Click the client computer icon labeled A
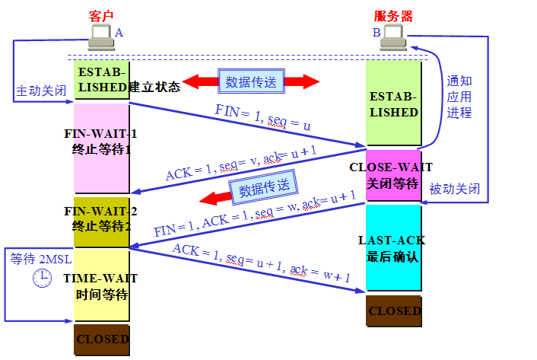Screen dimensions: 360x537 [x=100, y=34]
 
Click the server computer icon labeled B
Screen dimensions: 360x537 [x=393, y=35]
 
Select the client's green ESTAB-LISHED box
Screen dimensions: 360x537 [x=101, y=80]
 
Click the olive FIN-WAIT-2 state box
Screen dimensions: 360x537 [x=101, y=221]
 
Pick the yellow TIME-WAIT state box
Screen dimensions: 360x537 [x=101, y=286]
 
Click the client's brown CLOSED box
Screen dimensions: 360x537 [x=101, y=339]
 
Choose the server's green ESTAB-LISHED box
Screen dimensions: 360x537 [x=392, y=104]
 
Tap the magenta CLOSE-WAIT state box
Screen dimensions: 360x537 [x=392, y=174]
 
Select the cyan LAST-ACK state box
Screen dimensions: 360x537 [x=392, y=247]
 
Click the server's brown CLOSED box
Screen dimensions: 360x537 [x=392, y=311]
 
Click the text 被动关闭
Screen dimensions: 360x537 [x=454, y=189]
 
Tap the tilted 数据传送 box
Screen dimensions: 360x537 [x=263, y=187]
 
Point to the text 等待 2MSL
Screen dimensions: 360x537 [x=39, y=259]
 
